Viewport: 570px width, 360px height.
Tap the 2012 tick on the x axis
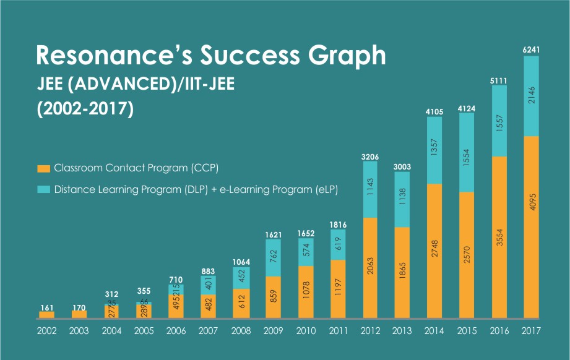tap(369, 331)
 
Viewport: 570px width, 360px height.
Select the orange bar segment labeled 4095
tap(531, 226)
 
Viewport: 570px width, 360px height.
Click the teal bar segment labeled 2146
tap(531, 96)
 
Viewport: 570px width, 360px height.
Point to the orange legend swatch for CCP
tap(43, 168)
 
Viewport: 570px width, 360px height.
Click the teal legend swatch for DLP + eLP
tap(43, 188)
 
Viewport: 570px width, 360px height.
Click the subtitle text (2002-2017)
tap(85, 109)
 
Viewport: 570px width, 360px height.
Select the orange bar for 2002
tap(47, 314)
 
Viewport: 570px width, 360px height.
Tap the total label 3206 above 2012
tap(369, 157)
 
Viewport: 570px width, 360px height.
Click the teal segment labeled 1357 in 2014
tap(434, 150)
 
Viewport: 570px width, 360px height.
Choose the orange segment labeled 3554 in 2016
tap(499, 237)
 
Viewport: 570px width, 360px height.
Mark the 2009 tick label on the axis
tap(272, 331)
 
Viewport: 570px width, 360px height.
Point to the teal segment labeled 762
tap(272, 258)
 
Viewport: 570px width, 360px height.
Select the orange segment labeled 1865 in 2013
tap(402, 272)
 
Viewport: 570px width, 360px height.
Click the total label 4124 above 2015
tap(467, 108)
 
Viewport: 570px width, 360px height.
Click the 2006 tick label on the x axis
tap(176, 331)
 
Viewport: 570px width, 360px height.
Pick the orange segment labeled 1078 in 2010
tap(305, 292)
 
